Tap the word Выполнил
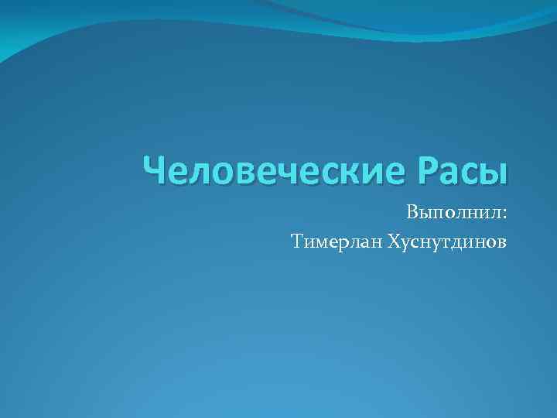pos(452,212)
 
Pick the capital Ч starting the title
pos(157,170)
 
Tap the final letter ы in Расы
pos(495,173)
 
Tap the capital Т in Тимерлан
pos(298,243)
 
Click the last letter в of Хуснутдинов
pos(503,245)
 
